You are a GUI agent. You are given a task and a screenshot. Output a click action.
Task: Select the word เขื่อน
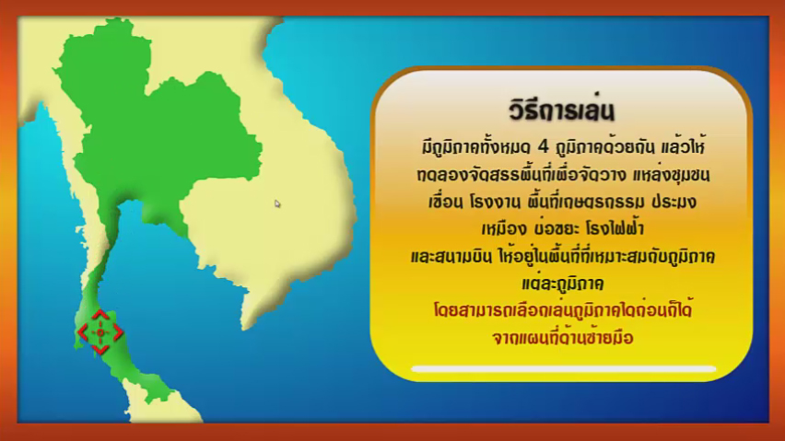tap(445, 202)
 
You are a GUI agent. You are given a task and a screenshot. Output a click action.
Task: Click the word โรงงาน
tap(492, 202)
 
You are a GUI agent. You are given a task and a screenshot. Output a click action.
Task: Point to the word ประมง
tap(674, 202)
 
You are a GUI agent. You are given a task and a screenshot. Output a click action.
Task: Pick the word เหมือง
tap(504, 229)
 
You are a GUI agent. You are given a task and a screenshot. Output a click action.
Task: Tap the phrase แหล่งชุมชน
tap(671, 175)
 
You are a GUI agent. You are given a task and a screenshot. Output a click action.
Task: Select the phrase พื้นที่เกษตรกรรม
tap(582, 202)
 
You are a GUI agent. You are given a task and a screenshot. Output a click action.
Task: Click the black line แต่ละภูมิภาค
tap(563, 283)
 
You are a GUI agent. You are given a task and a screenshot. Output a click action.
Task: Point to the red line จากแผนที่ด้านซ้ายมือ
tap(563, 337)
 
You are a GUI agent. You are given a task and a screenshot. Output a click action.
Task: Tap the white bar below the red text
tap(563, 369)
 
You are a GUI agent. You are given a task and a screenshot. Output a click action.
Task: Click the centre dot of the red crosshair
tap(100, 332)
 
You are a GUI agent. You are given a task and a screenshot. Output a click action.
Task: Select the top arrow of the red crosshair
tap(100, 315)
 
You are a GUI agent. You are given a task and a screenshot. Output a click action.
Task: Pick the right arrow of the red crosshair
tap(118, 332)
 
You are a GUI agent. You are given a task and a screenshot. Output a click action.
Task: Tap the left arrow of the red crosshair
tap(83, 332)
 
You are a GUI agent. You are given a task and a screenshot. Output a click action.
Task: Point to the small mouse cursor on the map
tap(276, 203)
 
